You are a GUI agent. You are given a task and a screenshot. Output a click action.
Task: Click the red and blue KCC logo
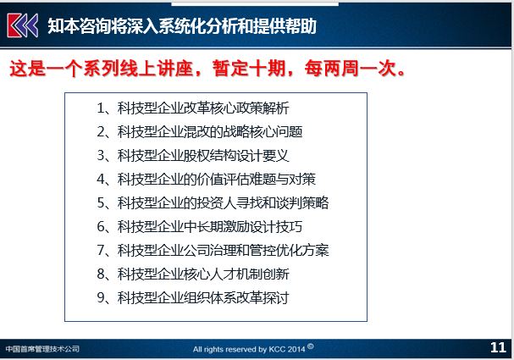(23, 25)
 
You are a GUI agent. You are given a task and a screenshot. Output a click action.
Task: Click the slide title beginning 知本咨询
(182, 26)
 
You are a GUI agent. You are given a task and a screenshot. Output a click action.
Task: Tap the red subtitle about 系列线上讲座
(207, 69)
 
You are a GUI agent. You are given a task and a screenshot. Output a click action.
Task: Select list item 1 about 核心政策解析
(193, 108)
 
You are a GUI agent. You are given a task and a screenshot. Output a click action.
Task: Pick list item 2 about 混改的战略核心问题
(199, 132)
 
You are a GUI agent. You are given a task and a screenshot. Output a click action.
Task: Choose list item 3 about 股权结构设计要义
(193, 155)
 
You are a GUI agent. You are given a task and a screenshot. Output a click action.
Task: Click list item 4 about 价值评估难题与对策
(206, 179)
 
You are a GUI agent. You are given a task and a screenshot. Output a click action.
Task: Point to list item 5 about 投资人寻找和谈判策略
(213, 202)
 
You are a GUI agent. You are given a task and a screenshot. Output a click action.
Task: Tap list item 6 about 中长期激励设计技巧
(199, 226)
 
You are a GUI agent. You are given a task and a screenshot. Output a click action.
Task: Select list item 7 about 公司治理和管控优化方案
(213, 250)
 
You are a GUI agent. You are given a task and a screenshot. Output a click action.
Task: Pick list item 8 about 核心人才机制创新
(193, 274)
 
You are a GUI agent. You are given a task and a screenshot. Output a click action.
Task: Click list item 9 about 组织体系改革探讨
(193, 297)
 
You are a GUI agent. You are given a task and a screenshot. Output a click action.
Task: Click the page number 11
(498, 347)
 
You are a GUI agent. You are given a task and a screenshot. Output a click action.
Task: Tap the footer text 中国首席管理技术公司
(42, 349)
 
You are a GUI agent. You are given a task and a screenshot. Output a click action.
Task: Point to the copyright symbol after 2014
(311, 346)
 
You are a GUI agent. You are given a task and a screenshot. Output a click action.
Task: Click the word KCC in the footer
(277, 350)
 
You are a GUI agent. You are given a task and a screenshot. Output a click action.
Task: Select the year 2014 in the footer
(296, 350)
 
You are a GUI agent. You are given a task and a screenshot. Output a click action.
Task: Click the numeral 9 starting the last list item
(101, 297)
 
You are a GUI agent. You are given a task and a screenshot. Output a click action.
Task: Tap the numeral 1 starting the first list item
(100, 108)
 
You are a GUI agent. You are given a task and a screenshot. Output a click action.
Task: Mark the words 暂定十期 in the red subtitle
(249, 69)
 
